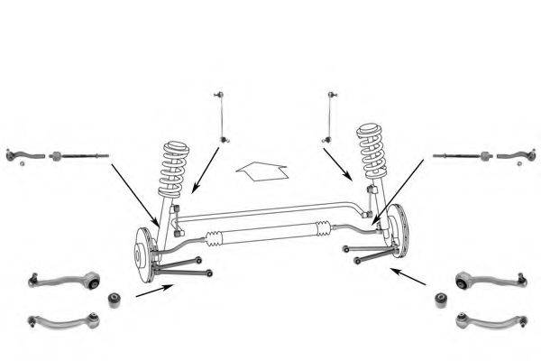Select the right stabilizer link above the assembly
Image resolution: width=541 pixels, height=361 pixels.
[331, 116]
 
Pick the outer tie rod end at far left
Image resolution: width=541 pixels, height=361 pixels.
[25, 155]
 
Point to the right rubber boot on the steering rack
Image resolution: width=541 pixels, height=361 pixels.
[322, 227]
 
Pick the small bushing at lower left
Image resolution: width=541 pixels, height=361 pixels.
[115, 299]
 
